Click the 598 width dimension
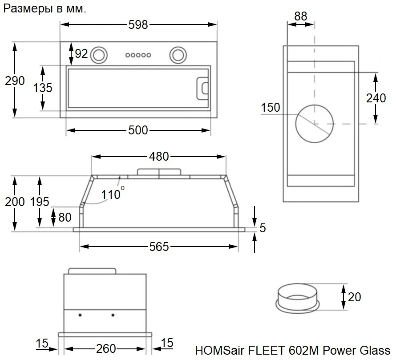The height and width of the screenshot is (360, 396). (138, 25)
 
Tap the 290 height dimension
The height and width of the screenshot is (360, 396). (15, 81)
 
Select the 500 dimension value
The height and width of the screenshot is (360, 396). (138, 130)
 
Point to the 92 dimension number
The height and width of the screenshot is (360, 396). (81, 53)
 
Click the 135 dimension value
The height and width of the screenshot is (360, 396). (43, 88)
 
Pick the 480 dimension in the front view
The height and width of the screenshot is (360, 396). (159, 157)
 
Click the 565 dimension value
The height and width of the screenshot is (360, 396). (159, 247)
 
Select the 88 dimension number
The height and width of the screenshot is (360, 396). (300, 16)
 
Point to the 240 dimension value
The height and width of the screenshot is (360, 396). (376, 98)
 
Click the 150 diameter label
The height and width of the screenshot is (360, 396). (271, 107)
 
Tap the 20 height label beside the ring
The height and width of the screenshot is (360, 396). (354, 297)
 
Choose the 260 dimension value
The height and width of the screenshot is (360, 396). (106, 349)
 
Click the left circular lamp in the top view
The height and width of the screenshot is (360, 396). (99, 55)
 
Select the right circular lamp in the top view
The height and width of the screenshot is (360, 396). (178, 55)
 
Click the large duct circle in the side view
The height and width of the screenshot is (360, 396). (296, 124)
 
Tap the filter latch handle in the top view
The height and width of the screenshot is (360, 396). (202, 89)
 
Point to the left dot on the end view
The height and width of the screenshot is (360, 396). (80, 315)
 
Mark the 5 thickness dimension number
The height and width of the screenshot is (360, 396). (263, 228)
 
